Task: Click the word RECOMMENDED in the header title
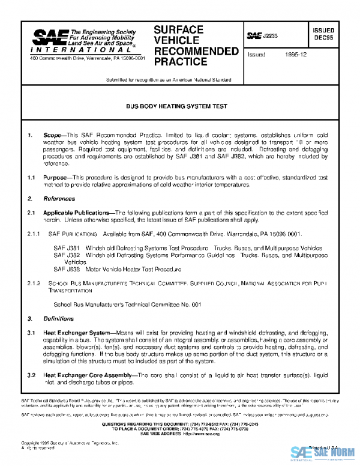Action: pyautogui.click(x=196, y=51)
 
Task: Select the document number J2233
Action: pyautogui.click(x=271, y=37)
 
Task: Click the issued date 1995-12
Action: pyautogui.click(x=293, y=54)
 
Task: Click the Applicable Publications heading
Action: pyautogui.click(x=78, y=212)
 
